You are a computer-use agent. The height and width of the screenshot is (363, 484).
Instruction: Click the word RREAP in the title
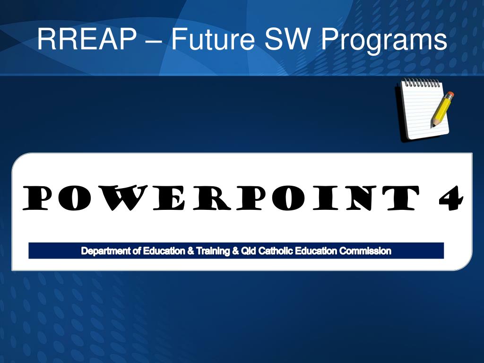tap(87, 39)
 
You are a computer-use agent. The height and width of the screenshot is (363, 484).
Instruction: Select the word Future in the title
tap(213, 39)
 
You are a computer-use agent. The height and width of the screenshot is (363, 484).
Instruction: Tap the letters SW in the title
tap(287, 39)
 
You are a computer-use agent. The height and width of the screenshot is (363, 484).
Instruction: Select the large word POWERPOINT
tap(221, 198)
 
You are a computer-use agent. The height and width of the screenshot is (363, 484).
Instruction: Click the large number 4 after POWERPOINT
tap(451, 198)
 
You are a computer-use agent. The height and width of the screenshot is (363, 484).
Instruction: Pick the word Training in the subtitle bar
tap(213, 251)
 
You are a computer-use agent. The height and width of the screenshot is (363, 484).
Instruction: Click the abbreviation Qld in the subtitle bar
tap(248, 251)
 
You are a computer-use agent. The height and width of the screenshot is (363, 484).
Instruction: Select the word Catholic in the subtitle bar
tap(276, 251)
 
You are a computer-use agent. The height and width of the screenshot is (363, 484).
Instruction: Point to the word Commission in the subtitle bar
tap(365, 251)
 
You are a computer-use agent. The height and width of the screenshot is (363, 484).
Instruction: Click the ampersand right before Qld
tap(235, 251)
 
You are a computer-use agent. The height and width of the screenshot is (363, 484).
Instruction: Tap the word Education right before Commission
tap(316, 251)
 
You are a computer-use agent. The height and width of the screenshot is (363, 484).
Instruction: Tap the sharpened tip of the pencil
tap(432, 126)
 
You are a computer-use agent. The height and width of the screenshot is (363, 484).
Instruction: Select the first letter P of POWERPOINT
tap(35, 198)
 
